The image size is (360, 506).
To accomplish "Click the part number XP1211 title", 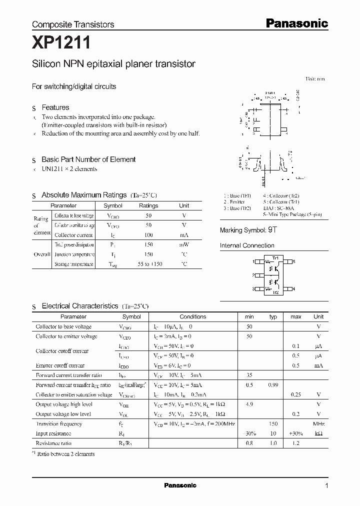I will [61, 43].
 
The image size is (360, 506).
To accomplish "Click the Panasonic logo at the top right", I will [296, 23].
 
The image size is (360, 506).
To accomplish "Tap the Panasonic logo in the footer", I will [180, 485].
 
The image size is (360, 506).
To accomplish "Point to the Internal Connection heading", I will [247, 245].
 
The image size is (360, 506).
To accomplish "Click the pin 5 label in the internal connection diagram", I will [294, 261].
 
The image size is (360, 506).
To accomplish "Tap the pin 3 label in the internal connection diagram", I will [254, 289].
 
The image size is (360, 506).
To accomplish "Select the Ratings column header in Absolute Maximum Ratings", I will [148, 205].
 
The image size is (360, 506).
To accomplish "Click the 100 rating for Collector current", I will [148, 234].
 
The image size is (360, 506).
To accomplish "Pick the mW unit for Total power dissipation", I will [184, 244].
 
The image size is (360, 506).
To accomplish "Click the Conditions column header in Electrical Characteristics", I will [192, 316].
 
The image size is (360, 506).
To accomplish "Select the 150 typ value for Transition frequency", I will [273, 423].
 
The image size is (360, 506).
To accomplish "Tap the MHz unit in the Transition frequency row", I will [318, 423].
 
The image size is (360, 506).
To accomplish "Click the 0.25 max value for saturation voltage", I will [296, 394].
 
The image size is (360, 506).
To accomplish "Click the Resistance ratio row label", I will [53, 443].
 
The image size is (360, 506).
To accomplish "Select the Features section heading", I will [55, 107].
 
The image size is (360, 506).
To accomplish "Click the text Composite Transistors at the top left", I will [73, 24].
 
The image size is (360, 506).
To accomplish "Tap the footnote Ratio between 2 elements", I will [65, 454].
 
